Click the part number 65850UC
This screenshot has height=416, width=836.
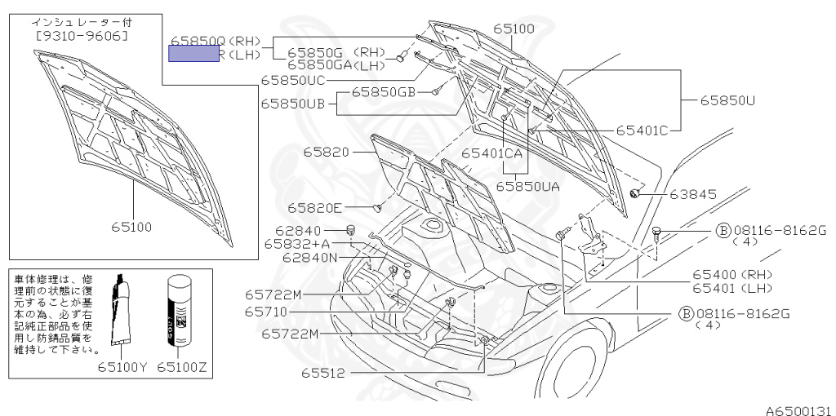(293, 81)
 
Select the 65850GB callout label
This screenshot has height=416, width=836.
(383, 92)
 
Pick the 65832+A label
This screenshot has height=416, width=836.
(297, 244)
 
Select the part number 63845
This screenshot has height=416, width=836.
(692, 194)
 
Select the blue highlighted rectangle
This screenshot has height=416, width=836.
(193, 55)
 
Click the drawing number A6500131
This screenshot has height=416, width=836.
(798, 409)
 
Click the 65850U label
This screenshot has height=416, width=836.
(727, 100)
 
